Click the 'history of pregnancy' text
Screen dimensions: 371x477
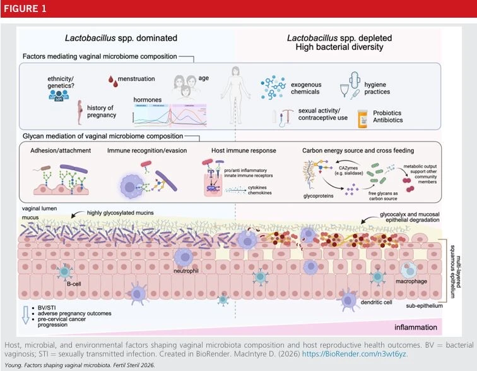click(x=101, y=111)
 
